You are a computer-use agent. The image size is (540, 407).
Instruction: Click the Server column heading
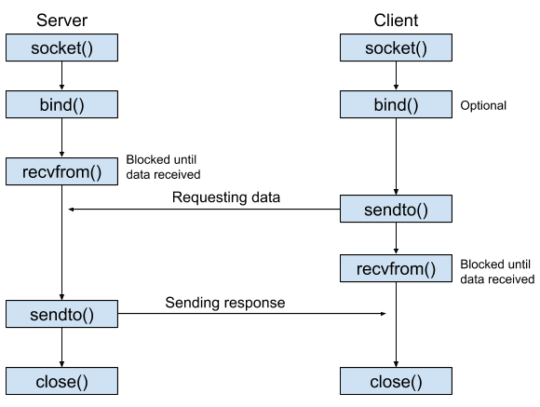click(62, 20)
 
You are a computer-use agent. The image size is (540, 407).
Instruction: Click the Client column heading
click(396, 20)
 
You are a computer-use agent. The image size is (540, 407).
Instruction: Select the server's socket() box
click(62, 47)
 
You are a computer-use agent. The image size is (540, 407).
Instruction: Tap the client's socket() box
click(396, 47)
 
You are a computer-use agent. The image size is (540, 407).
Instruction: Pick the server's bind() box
click(62, 104)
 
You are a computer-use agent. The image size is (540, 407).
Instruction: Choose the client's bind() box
click(396, 104)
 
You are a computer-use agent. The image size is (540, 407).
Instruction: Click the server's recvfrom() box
click(62, 171)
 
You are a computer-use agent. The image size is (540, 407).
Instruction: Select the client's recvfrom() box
click(396, 268)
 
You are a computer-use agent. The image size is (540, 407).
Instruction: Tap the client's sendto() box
click(396, 209)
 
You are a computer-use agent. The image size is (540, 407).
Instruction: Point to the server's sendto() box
click(62, 314)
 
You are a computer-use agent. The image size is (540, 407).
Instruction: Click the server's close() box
click(62, 381)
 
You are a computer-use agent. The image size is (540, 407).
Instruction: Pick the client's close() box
click(396, 381)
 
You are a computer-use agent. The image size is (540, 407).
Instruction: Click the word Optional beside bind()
click(483, 105)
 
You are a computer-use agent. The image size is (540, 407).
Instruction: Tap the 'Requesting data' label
click(226, 197)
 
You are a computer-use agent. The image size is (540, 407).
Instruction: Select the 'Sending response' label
click(225, 303)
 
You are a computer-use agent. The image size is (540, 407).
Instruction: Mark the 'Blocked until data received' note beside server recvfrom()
click(163, 167)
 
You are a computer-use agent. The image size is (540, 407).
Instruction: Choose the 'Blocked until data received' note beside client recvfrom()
click(497, 272)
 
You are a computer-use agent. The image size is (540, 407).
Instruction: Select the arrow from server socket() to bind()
click(62, 75)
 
